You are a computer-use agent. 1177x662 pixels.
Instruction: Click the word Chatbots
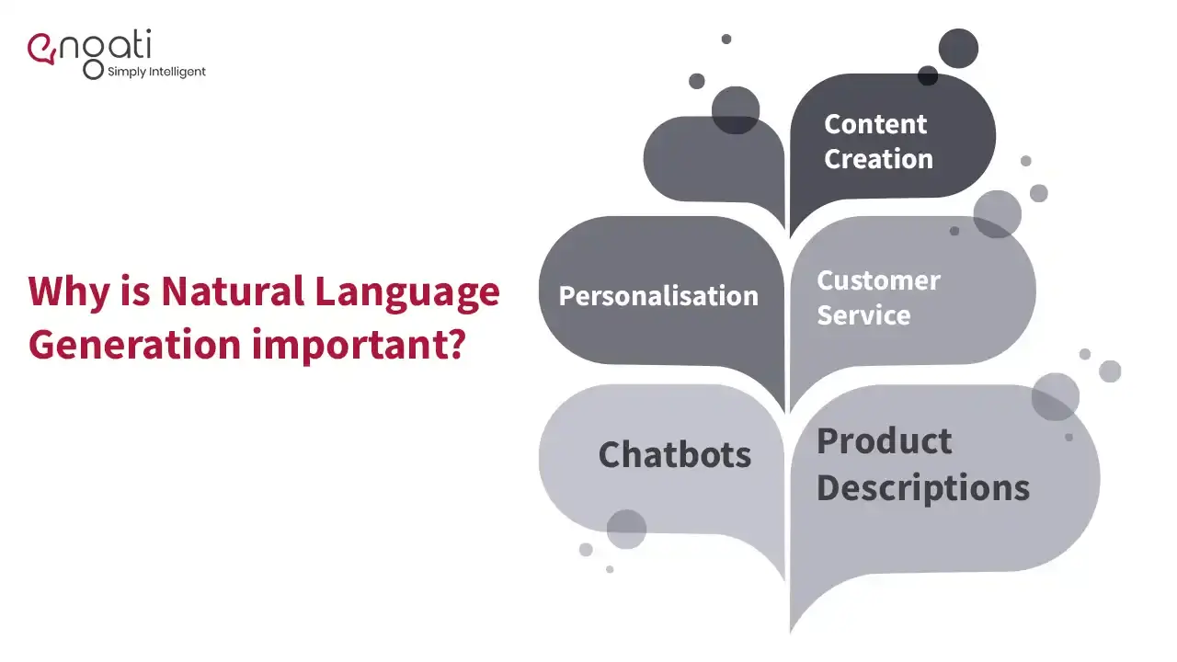675,454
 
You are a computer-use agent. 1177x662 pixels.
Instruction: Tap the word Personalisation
658,296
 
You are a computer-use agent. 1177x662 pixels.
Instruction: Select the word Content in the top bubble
875,124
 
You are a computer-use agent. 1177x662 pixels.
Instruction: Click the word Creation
878,159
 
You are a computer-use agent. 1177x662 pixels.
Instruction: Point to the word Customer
878,280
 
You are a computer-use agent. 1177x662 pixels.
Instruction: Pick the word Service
863,315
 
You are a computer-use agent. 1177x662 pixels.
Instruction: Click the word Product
885,440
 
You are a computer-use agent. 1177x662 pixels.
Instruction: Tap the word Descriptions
923,488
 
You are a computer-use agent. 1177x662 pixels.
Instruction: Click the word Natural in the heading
233,291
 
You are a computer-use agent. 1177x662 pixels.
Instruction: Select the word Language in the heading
407,293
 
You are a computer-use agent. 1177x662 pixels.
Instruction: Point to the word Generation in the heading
134,344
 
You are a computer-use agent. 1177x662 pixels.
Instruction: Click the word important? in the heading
359,345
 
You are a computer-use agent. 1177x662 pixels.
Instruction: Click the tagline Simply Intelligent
156,72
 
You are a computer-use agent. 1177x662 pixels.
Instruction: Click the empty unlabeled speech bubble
713,163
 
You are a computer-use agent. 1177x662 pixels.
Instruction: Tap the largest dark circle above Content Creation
958,49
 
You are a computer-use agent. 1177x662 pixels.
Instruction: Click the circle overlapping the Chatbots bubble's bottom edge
626,529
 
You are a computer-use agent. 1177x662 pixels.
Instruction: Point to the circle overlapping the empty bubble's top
736,110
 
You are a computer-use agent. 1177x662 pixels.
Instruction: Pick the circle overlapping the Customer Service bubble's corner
998,214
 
